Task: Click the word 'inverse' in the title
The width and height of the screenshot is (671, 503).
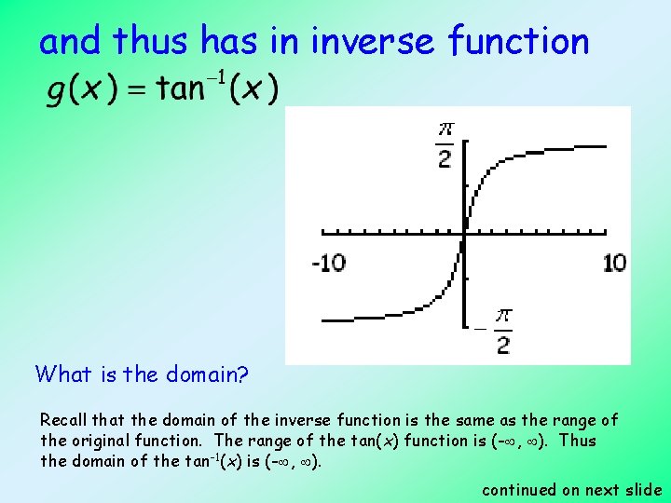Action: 373,42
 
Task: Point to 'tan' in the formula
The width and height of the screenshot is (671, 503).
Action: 181,90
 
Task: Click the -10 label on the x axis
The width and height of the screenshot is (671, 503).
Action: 328,263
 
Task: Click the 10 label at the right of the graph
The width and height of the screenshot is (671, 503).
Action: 614,263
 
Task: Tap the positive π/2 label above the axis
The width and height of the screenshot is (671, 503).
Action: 445,143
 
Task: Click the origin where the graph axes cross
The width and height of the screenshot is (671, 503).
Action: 464,233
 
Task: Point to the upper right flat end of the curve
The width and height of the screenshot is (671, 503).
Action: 596,146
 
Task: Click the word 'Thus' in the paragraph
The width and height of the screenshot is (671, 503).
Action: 579,441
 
